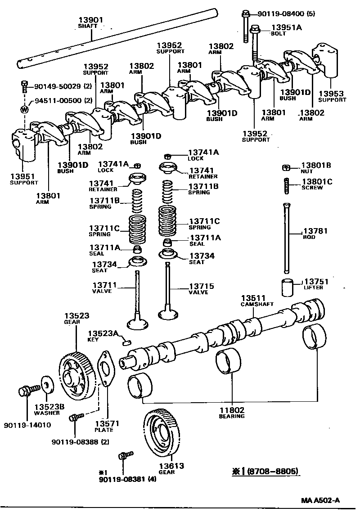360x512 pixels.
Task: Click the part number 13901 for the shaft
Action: click(x=90, y=20)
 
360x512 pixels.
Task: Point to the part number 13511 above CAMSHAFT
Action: click(x=253, y=298)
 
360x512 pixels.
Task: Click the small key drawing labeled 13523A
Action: click(x=126, y=342)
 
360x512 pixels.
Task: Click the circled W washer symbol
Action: click(x=25, y=109)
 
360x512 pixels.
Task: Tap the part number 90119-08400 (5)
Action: click(x=286, y=13)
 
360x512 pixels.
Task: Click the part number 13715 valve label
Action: click(x=201, y=286)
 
